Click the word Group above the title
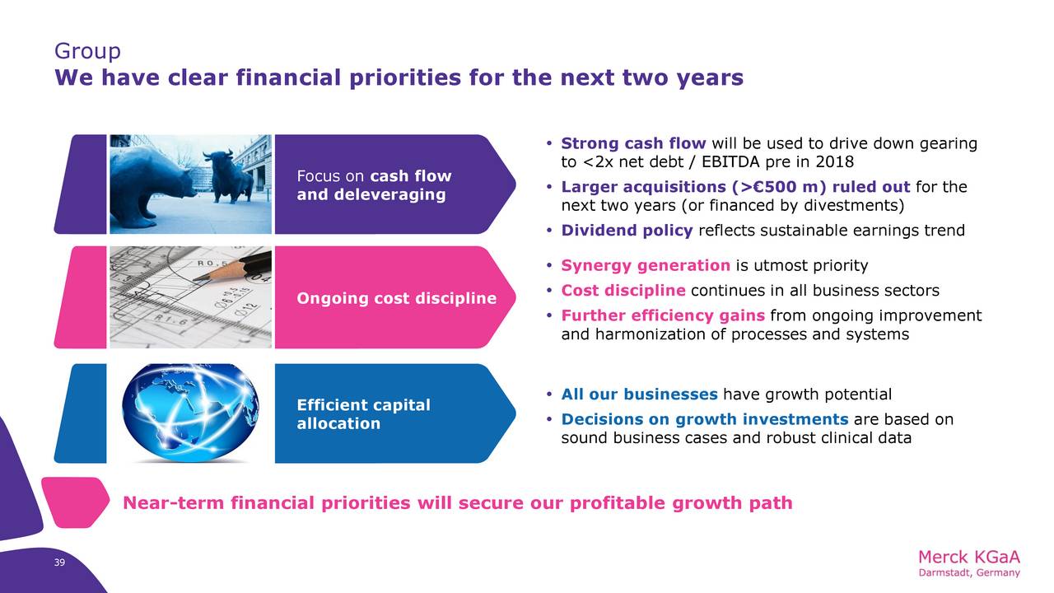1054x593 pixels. point(87,51)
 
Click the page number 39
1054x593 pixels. point(59,563)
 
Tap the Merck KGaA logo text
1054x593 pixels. point(969,558)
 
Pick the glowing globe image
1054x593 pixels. point(190,413)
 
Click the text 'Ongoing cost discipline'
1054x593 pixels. point(396,298)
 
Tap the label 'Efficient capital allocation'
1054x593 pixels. point(363,414)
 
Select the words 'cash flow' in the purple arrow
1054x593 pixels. point(411,176)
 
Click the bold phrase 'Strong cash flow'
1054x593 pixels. point(633,143)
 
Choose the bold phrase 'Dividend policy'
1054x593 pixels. point(627,231)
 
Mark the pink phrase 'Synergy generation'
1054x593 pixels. point(645,266)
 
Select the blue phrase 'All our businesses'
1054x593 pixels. point(639,395)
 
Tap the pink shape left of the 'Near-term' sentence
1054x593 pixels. point(75,502)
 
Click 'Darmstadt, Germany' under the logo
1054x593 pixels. point(969,573)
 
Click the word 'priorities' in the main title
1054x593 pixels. point(404,78)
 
